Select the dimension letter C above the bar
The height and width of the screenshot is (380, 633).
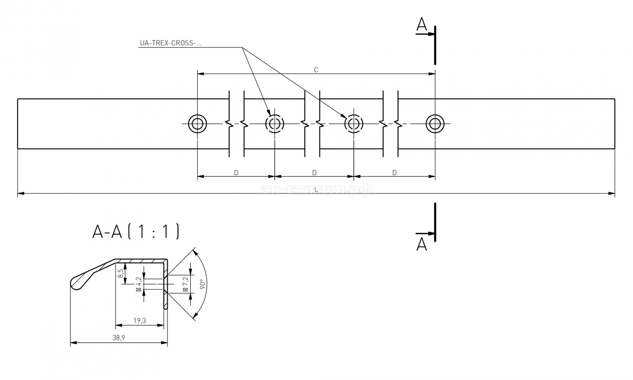point(316,70)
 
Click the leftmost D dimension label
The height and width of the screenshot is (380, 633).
point(236,173)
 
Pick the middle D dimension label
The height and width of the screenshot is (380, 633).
point(314,173)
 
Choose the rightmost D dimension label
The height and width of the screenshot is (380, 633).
point(394,173)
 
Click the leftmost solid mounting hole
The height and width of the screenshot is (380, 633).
point(198,124)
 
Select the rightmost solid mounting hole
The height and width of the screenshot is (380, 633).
point(435,124)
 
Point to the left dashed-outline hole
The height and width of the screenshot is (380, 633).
point(275,124)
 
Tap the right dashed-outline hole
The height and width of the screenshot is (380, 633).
point(353,124)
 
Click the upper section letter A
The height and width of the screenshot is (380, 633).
point(422,25)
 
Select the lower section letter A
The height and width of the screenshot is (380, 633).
point(422,245)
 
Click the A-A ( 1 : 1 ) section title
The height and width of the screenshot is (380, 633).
point(136,232)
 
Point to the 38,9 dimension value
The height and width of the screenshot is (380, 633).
point(119,338)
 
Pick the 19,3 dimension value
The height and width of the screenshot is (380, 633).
point(140,321)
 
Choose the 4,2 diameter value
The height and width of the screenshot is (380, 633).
point(139,284)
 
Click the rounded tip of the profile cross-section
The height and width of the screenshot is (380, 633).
point(74,283)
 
